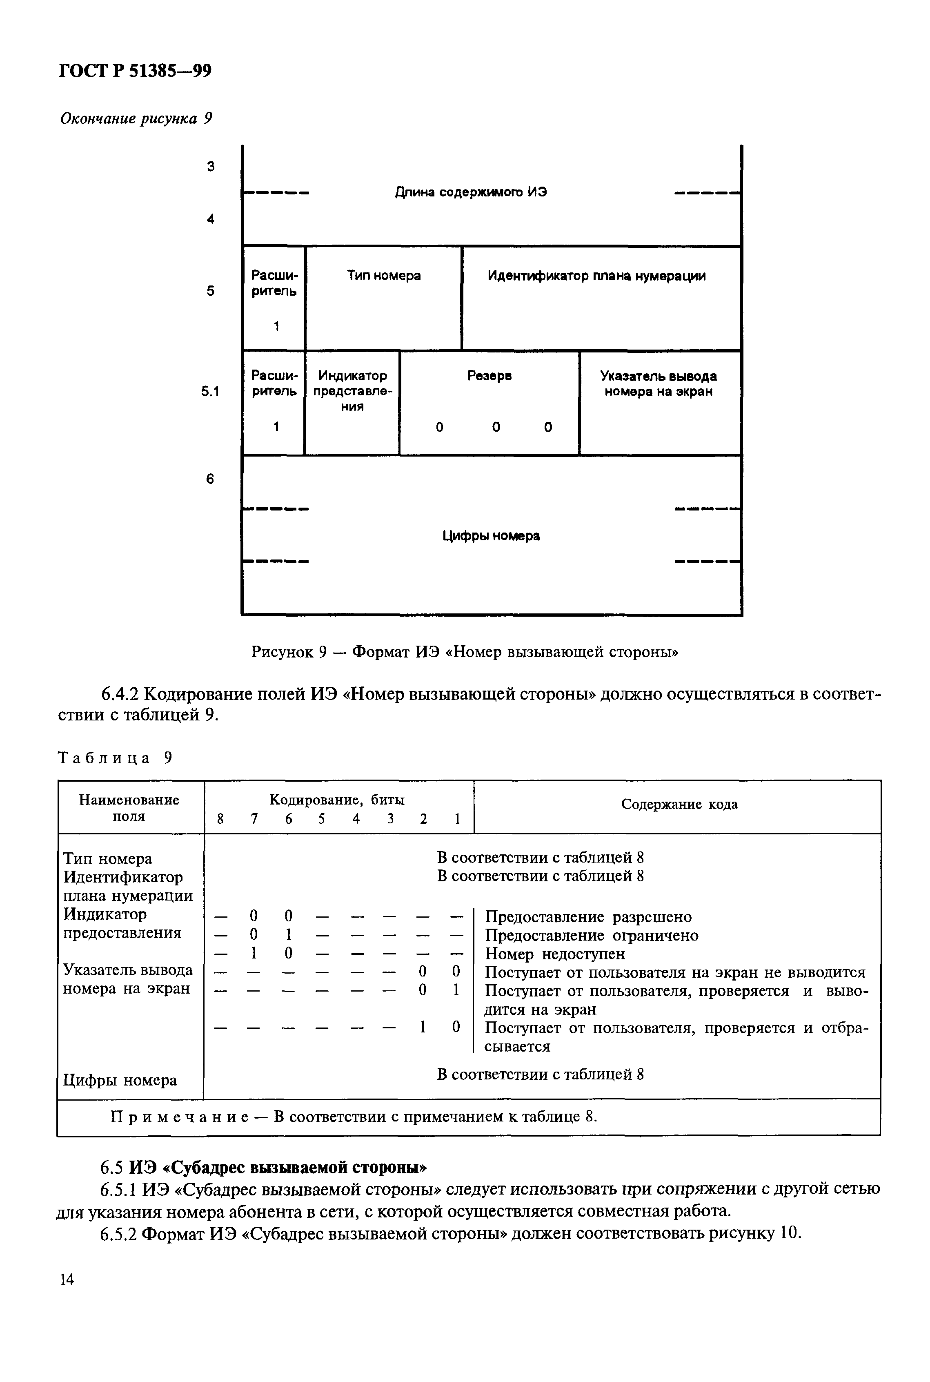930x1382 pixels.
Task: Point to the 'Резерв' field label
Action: pos(489,376)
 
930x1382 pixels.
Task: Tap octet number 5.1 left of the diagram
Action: pos(210,392)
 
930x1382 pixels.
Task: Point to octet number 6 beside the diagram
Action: pos(210,479)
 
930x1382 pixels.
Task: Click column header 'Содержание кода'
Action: pos(679,804)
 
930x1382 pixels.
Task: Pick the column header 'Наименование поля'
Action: pos(129,808)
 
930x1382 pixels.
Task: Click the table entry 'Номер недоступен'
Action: pos(555,954)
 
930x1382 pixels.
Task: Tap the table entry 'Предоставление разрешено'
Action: pos(588,918)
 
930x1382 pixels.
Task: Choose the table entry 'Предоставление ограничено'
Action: pos(591,936)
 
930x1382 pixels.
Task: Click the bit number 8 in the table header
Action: pos(220,820)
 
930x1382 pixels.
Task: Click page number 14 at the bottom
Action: pos(67,1280)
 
